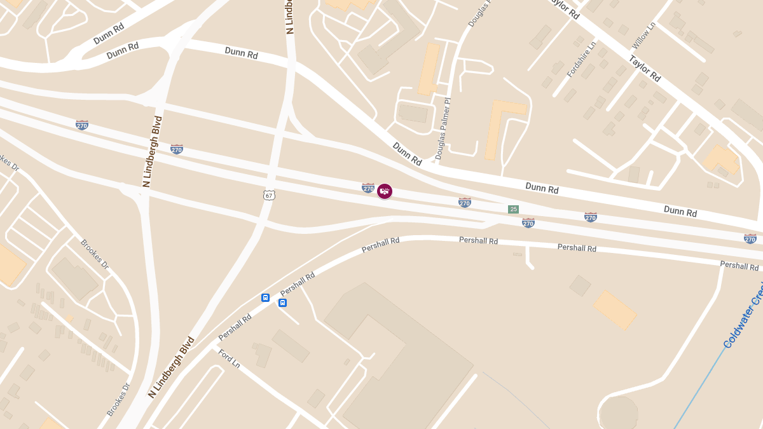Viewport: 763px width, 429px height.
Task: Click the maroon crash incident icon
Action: (x=385, y=191)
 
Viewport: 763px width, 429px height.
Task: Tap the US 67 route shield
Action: (x=270, y=195)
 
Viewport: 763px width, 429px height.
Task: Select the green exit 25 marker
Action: (x=513, y=209)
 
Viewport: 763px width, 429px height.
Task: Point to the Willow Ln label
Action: (x=643, y=36)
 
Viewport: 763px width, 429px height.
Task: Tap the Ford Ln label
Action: (x=229, y=359)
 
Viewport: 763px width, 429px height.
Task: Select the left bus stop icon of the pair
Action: (x=265, y=297)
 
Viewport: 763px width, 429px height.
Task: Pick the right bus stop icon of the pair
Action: (x=282, y=303)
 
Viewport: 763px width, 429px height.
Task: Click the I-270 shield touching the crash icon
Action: (x=368, y=187)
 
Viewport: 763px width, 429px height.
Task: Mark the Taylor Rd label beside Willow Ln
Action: (x=645, y=69)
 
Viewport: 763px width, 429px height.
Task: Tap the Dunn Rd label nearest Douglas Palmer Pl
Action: (x=407, y=154)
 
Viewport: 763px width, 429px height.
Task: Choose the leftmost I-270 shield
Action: (x=82, y=125)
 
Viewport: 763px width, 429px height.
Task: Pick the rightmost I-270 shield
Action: (x=750, y=238)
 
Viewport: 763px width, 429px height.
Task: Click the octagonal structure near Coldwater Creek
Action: (x=618, y=412)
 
